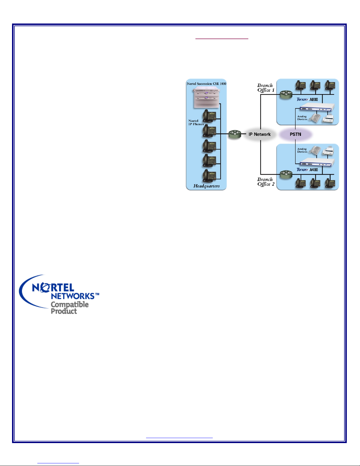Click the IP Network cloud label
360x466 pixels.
point(259,134)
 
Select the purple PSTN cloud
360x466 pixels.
point(296,134)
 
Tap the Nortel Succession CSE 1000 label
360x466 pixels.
point(206,84)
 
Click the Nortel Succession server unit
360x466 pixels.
point(207,98)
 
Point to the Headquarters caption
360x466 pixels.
point(206,186)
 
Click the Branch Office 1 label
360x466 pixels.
point(266,88)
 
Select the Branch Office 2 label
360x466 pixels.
point(266,182)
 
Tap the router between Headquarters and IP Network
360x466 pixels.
point(235,134)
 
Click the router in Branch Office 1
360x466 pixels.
point(286,95)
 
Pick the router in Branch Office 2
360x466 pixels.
point(286,174)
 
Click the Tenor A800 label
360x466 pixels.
point(307,99)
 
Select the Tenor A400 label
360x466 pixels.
point(307,170)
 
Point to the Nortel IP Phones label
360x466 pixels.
point(196,122)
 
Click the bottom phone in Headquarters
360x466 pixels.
point(209,176)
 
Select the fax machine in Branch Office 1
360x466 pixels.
point(328,118)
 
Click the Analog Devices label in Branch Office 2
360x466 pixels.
point(302,150)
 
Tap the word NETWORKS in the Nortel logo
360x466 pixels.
point(73,296)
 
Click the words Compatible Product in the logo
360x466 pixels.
point(70,308)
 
